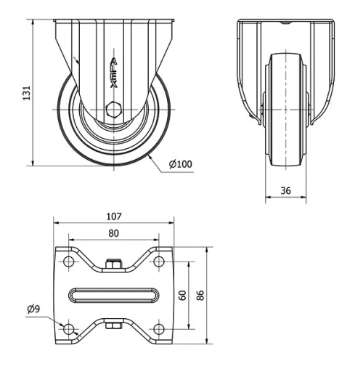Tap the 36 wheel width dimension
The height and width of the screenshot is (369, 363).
(x=286, y=190)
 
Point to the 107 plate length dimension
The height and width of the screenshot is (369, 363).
(x=113, y=216)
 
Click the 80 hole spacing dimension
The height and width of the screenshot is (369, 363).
(x=113, y=233)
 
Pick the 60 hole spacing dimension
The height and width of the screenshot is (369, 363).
(x=183, y=295)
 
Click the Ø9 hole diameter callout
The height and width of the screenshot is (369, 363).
(x=33, y=309)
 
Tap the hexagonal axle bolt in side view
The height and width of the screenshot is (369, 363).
(x=114, y=110)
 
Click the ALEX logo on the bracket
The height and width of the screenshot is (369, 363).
(x=113, y=73)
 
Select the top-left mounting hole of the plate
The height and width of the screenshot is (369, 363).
(x=69, y=261)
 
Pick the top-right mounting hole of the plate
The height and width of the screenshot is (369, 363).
(x=158, y=261)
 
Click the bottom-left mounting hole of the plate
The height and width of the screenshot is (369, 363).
(x=69, y=329)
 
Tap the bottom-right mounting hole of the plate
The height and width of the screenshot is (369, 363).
(x=158, y=329)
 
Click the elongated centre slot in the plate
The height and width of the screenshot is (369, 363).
(x=113, y=295)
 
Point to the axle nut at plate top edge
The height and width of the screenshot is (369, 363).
(x=113, y=264)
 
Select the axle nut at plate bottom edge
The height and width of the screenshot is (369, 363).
(x=113, y=326)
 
